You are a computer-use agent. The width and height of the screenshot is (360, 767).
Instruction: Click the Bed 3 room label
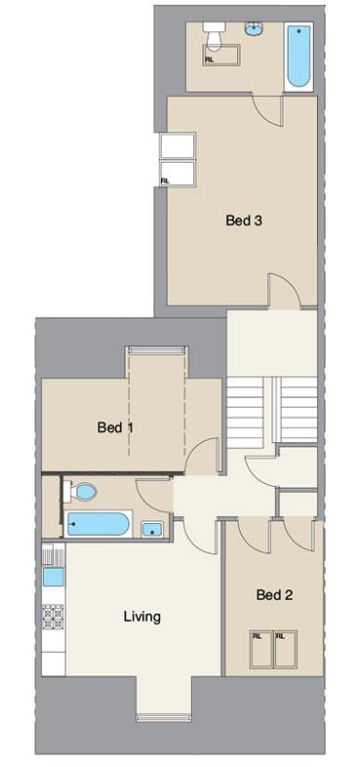(x=243, y=221)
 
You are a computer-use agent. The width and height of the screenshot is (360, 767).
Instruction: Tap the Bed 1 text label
(x=115, y=427)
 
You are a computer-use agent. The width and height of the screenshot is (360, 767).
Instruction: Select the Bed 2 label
(x=274, y=594)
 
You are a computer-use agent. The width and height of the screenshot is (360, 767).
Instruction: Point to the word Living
(x=141, y=617)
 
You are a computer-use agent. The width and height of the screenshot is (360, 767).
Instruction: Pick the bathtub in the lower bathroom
(x=99, y=524)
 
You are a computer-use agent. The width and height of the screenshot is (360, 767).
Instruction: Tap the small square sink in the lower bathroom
(x=151, y=530)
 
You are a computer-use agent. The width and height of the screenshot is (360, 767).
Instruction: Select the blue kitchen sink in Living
(x=53, y=577)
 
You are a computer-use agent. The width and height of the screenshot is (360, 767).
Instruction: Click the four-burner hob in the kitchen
(x=53, y=616)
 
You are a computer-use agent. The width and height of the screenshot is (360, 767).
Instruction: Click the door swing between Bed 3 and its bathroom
(x=266, y=110)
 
